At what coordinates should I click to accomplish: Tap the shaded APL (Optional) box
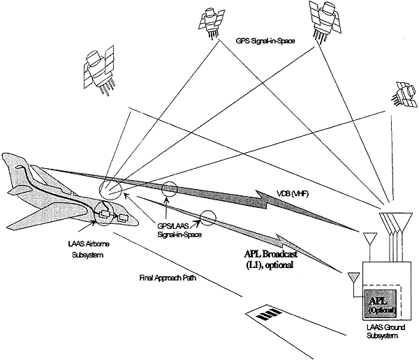point(380,299)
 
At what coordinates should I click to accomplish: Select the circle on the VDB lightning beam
point(168,189)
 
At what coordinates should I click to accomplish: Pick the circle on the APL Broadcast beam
point(207,216)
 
